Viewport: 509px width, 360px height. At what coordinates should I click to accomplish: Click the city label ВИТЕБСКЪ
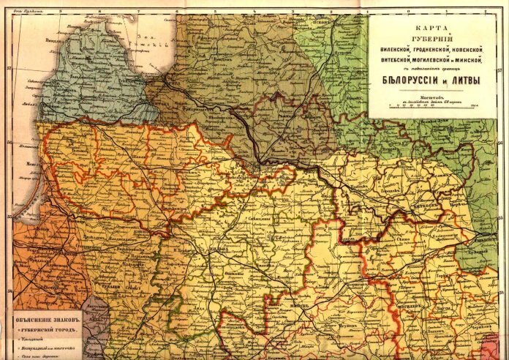point(422,207)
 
